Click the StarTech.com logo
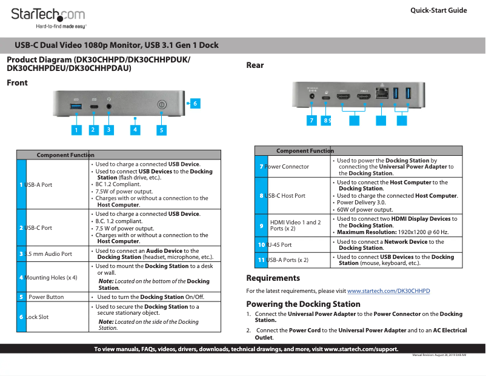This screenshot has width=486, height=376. click(48, 17)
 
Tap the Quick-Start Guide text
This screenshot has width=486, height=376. click(438, 10)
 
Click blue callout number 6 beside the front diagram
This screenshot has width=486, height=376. click(195, 104)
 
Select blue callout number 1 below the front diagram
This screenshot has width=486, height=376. click(76, 129)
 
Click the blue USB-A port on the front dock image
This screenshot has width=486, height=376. click(76, 107)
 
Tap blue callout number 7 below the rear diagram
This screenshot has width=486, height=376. click(311, 120)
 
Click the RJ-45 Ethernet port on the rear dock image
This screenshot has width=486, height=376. click(382, 94)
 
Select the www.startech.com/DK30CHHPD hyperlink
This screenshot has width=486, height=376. click(388, 291)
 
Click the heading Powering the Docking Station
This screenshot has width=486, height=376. click(303, 304)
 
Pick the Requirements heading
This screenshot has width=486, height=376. click(273, 278)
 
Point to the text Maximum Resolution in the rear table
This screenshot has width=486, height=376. click(364, 232)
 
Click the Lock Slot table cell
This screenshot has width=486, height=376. click(40, 317)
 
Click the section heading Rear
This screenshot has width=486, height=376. click(255, 65)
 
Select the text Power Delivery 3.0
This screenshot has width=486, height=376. click(361, 203)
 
